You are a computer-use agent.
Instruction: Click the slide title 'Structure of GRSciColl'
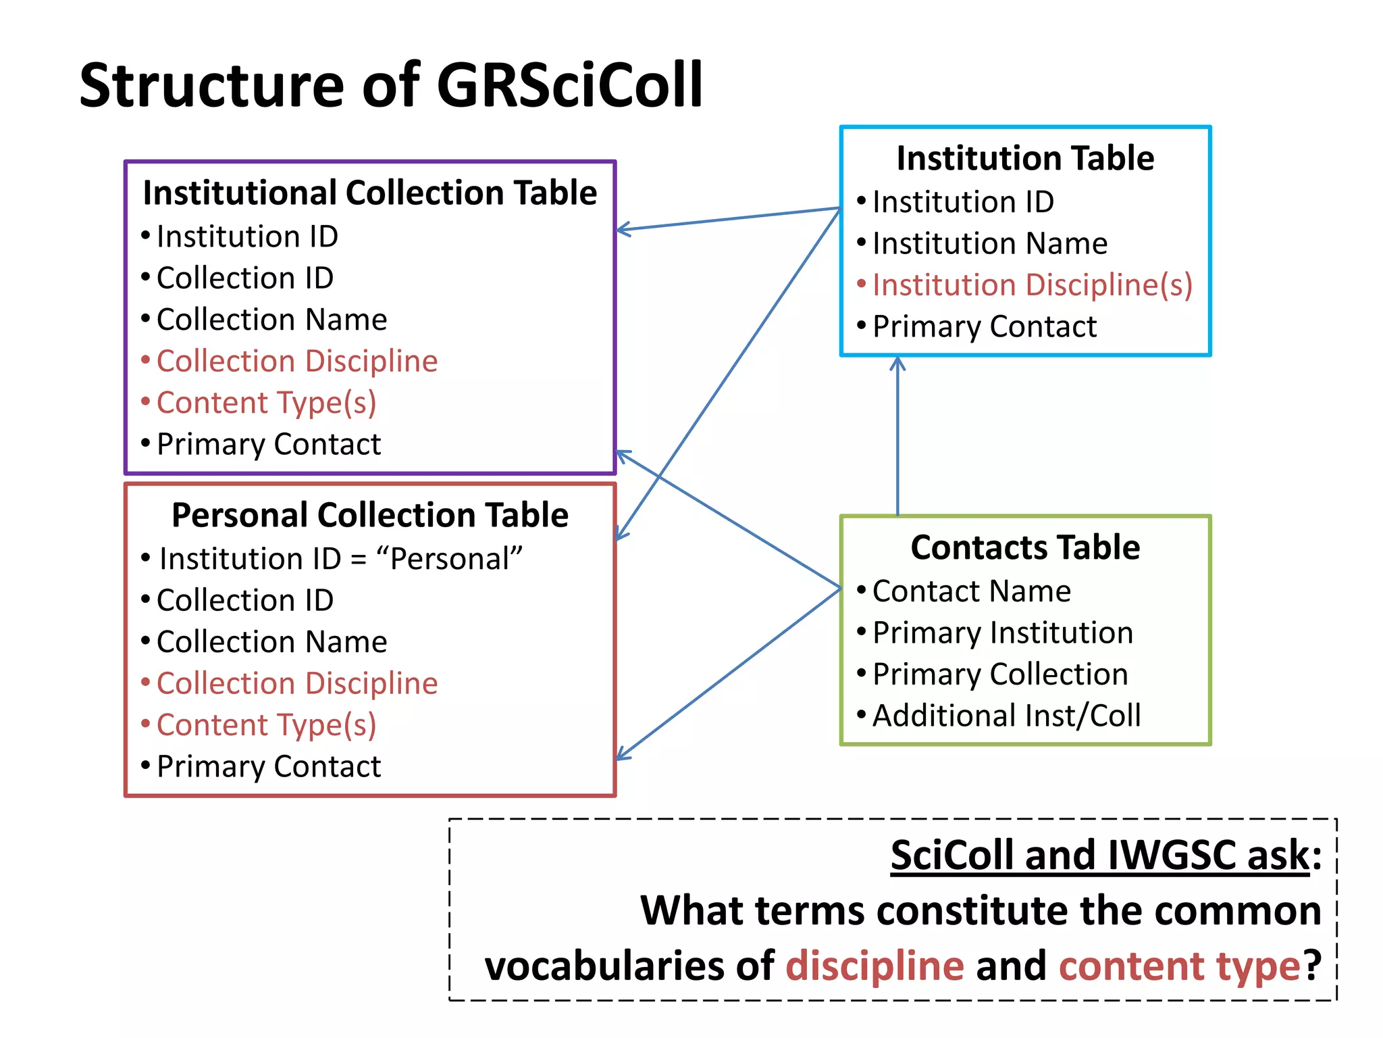[x=391, y=86]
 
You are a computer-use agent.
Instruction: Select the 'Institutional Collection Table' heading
[x=370, y=193]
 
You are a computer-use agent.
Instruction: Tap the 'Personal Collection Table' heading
[x=370, y=516]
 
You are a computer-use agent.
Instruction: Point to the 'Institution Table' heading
[x=1025, y=159]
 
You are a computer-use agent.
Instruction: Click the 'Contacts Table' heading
[x=1025, y=547]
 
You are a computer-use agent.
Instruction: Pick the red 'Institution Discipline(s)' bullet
[x=1032, y=285]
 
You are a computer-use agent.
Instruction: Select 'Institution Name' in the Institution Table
[x=989, y=244]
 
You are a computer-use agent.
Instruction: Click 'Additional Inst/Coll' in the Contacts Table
[x=1006, y=716]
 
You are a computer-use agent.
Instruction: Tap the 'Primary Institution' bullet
[x=1002, y=633]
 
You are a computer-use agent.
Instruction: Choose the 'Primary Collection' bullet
[x=1000, y=674]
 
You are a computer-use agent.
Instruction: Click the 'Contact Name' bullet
[x=971, y=591]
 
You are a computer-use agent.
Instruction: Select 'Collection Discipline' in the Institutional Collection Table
[x=297, y=362]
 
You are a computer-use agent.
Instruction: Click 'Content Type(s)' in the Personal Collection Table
[x=266, y=725]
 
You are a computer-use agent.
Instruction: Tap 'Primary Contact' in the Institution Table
[x=984, y=327]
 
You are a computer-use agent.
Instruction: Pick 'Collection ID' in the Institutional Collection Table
[x=245, y=278]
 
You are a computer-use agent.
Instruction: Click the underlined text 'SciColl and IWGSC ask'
[x=1100, y=856]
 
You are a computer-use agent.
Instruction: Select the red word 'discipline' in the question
[x=875, y=965]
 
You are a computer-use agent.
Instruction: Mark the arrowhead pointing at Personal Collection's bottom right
[x=622, y=756]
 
